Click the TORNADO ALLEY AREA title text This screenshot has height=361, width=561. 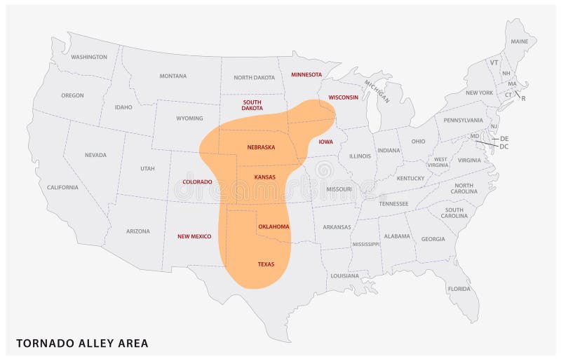pos(83,343)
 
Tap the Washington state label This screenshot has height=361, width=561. pos(89,57)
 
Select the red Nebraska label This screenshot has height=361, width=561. pos(261,147)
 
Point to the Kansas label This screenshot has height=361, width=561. pos(265,178)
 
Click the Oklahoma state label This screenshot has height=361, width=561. pos(273,227)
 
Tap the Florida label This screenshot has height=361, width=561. pos(459,289)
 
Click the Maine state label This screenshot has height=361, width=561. pos(520,41)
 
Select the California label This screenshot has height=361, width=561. pos(63,187)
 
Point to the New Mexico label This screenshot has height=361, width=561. pos(194,236)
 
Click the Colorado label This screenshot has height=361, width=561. pos(197,182)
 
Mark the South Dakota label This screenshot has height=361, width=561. pos(252,105)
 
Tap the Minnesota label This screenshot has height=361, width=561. pos(306,74)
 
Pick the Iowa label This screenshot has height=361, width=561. pos(326,142)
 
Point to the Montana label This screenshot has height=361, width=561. pos(173,76)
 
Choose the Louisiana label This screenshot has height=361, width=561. pos(345,275)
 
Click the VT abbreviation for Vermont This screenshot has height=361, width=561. pos(494,62)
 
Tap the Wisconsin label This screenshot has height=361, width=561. pos(344,97)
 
